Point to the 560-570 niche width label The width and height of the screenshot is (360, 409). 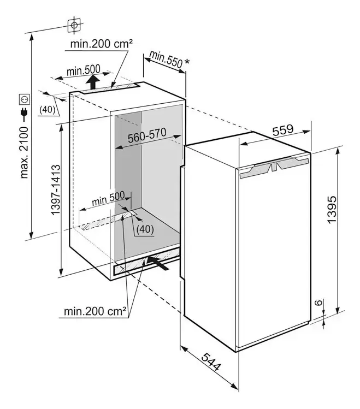pos(146,137)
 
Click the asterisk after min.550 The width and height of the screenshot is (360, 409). pos(187,62)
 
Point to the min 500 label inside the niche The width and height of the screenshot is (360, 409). pos(108,199)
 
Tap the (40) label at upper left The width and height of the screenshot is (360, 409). pos(48,109)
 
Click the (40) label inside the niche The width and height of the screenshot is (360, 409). pos(145,229)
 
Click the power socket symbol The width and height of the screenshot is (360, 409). pos(25,99)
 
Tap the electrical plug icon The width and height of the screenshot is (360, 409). pos(25,114)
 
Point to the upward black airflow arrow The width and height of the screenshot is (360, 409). pos(94,83)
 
